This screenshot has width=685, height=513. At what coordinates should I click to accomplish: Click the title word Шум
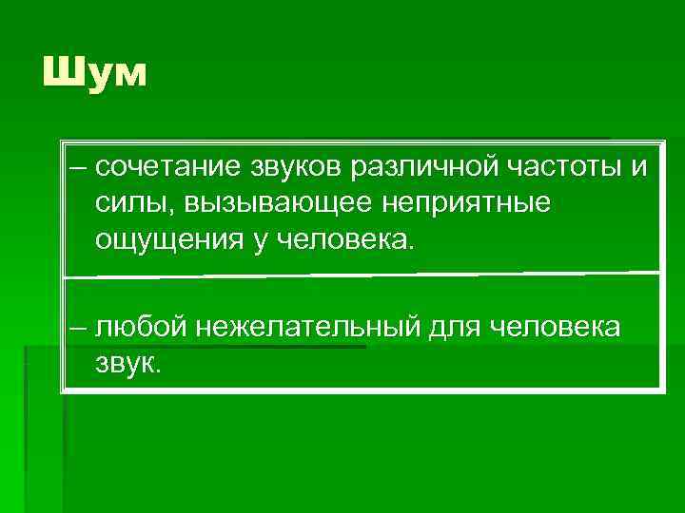[95, 72]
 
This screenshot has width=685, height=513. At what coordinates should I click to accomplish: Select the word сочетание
[164, 167]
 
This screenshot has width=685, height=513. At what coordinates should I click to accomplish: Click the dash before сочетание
[76, 168]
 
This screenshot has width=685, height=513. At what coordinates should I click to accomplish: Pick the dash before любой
[76, 328]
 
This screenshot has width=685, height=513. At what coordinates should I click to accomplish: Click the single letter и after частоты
[636, 168]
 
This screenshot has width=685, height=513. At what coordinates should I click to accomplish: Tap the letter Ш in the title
[61, 72]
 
